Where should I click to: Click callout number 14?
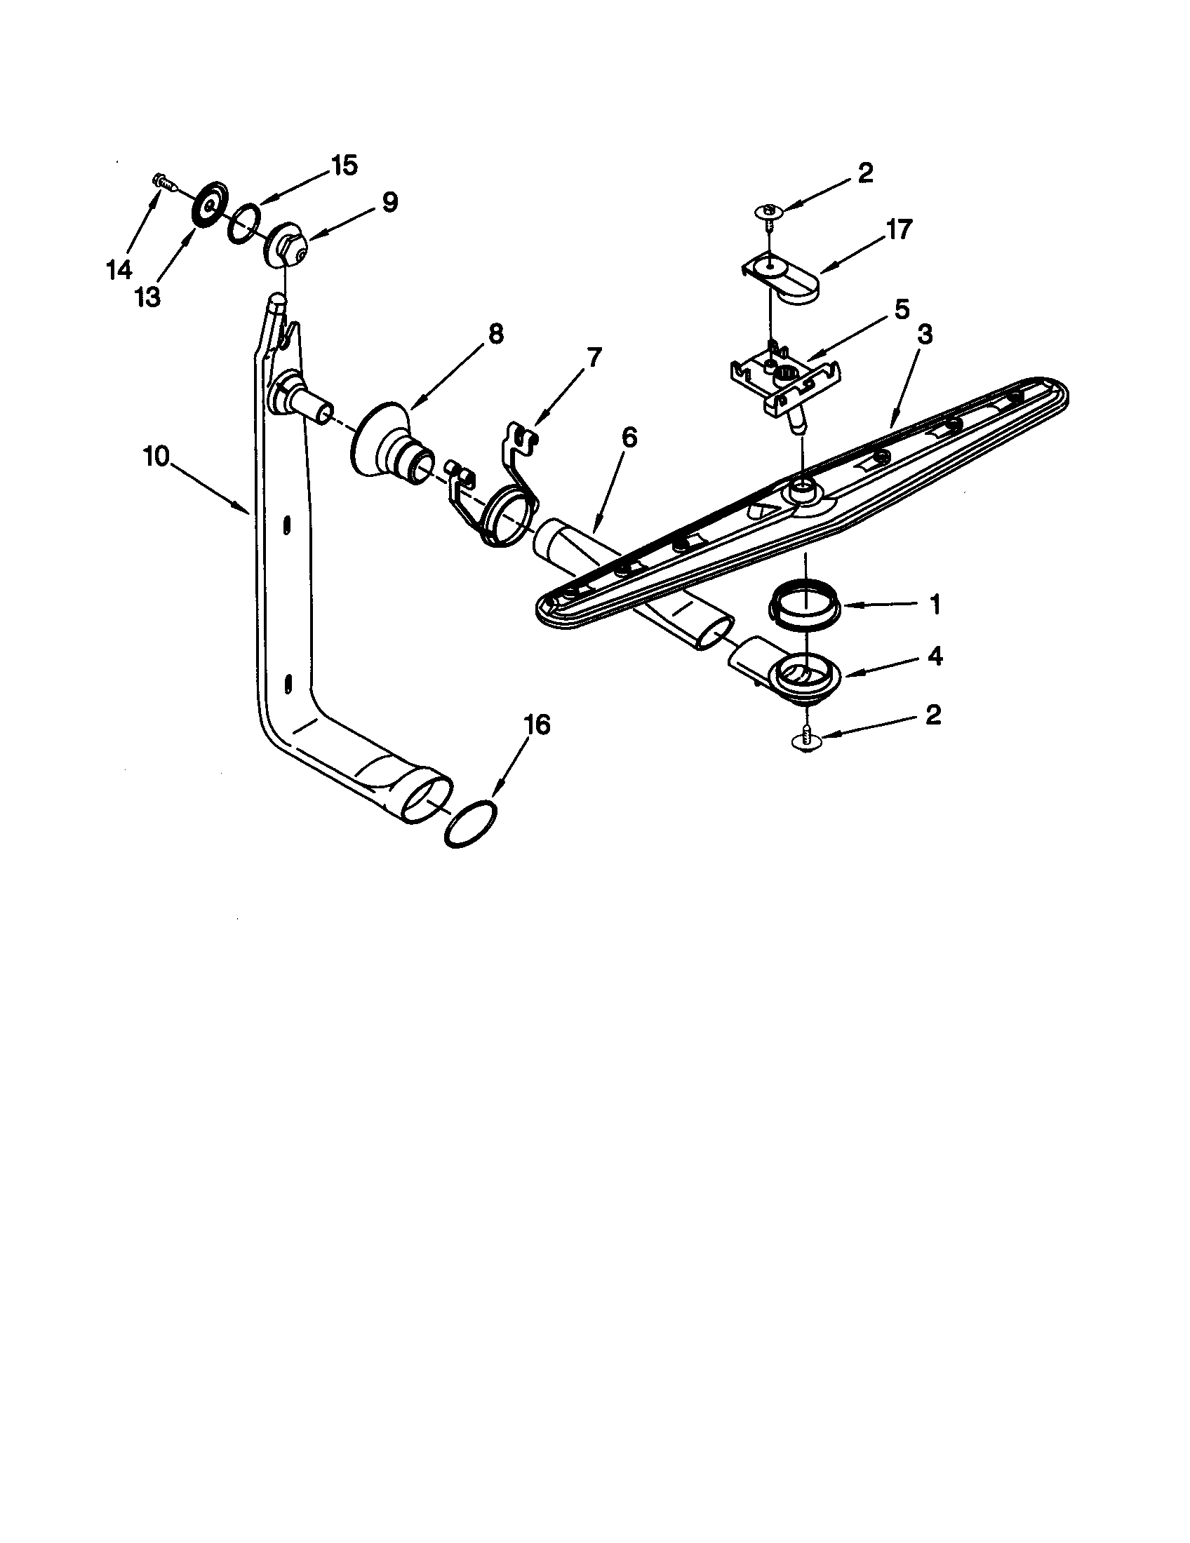pyautogui.click(x=119, y=269)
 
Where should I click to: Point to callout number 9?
pyautogui.click(x=389, y=203)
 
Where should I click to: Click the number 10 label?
pyautogui.click(x=156, y=457)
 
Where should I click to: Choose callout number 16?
pyautogui.click(x=537, y=725)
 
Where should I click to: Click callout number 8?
pyautogui.click(x=495, y=333)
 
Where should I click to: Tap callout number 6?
pyautogui.click(x=628, y=438)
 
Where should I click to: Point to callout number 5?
pyautogui.click(x=901, y=309)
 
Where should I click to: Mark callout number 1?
pyautogui.click(x=934, y=604)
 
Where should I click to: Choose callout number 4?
pyautogui.click(x=934, y=656)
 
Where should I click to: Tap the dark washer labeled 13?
pyautogui.click(x=208, y=206)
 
